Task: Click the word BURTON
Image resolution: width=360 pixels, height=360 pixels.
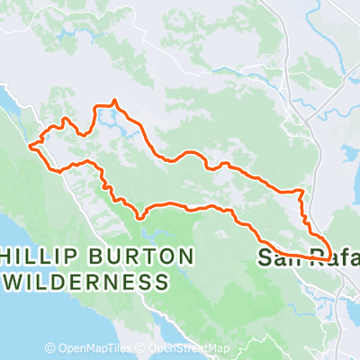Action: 135,257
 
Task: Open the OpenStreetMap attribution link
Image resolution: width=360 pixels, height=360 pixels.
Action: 190,348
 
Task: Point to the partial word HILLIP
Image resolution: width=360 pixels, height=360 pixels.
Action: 34,257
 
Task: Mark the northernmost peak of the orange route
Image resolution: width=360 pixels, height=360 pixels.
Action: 115,101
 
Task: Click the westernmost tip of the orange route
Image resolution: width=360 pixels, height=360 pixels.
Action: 30,144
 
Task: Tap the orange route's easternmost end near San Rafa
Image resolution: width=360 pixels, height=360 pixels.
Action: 331,256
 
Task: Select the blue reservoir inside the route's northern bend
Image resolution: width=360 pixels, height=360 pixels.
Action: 110,117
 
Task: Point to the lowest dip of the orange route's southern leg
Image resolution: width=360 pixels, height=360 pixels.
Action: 140,217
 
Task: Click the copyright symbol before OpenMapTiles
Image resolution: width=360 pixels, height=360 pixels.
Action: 51,348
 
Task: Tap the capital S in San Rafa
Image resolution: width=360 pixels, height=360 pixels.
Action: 265,257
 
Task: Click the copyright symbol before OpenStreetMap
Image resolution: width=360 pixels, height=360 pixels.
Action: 142,348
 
